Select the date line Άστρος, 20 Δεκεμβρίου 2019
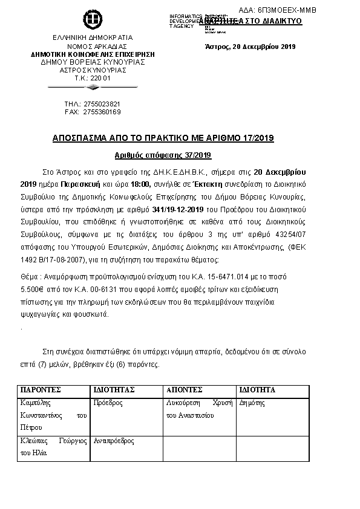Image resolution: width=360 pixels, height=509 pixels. click(250, 47)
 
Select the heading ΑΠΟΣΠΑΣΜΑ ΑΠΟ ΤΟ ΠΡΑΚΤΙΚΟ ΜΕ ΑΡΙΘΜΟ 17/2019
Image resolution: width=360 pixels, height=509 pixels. click(163, 138)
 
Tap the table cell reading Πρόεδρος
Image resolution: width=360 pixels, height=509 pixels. click(108, 402)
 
